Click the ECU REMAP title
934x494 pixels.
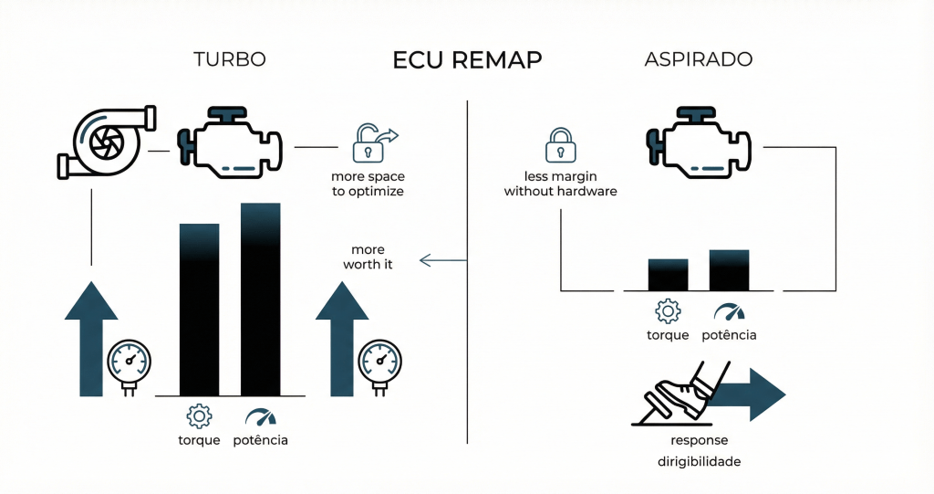coord(467,60)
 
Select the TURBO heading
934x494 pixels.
coord(230,60)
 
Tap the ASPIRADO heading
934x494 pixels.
coord(698,60)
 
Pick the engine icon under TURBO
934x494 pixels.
coord(230,143)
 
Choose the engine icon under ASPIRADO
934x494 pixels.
coord(699,143)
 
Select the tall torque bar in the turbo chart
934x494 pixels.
coord(199,308)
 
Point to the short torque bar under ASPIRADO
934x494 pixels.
coord(668,274)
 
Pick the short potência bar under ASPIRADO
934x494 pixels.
coord(729,269)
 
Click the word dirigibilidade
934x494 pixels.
coord(699,462)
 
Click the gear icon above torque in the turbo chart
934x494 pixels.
coord(199,416)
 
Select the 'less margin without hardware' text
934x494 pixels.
coord(560,184)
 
